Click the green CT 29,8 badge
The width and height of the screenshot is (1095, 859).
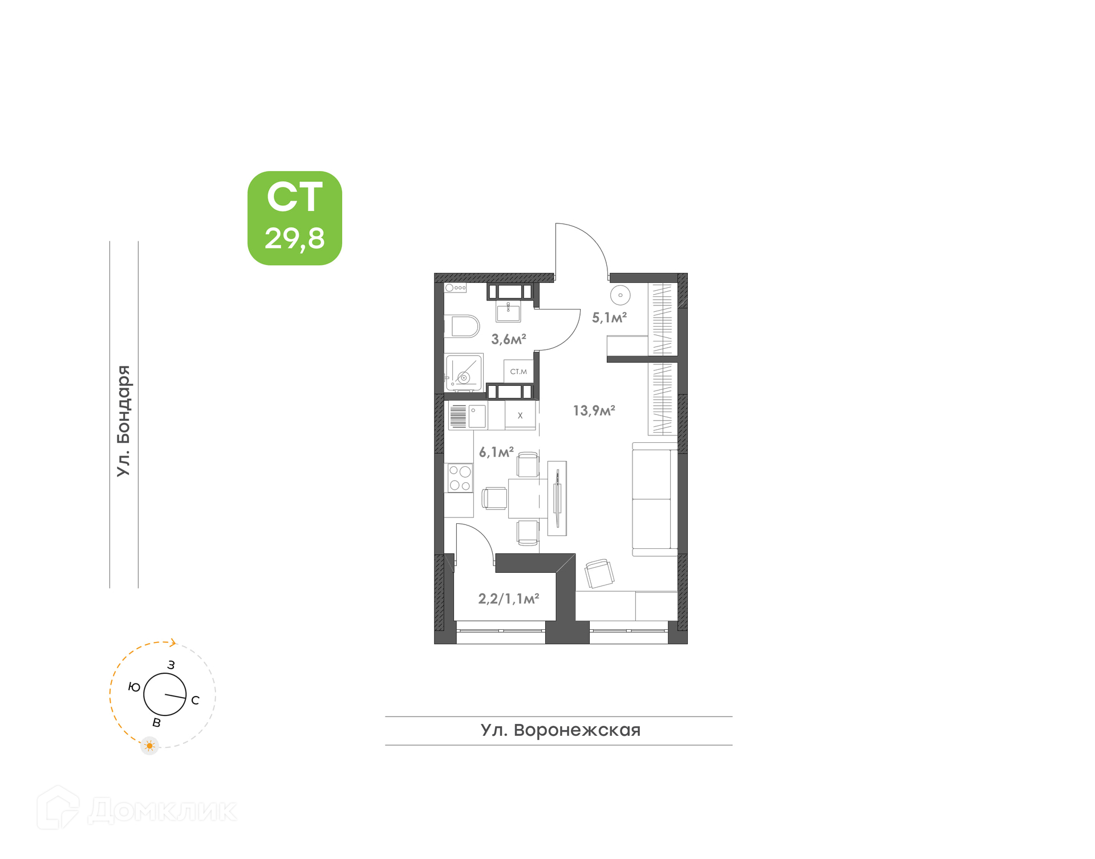[x=294, y=218]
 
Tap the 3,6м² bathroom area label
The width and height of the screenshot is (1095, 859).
[x=508, y=339]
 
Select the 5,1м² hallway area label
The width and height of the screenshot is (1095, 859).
[x=609, y=317]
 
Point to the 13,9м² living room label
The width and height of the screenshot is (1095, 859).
[x=594, y=410]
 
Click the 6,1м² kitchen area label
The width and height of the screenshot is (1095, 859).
[x=496, y=452]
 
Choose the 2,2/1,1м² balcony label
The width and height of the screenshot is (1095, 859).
[x=508, y=599]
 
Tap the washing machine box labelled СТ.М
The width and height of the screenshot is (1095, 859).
[x=518, y=372]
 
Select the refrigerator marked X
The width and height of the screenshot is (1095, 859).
[x=520, y=416]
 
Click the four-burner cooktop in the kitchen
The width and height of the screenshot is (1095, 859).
[x=460, y=478]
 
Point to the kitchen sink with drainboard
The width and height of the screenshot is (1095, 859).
[x=468, y=416]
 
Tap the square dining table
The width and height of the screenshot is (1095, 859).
[x=528, y=498]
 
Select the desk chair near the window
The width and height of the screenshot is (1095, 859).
[x=599, y=573]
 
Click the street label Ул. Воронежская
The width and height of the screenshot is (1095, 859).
[x=561, y=730]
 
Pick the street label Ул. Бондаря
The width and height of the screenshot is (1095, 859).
[x=124, y=421]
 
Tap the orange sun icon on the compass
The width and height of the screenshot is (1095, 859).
[x=149, y=746]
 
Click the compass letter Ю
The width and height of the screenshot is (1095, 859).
[x=134, y=687]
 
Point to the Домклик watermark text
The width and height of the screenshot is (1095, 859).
[x=163, y=811]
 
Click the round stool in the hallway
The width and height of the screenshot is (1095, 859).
[x=620, y=295]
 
